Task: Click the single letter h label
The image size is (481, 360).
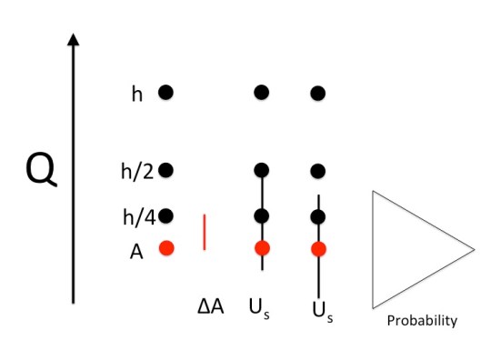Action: point(137,94)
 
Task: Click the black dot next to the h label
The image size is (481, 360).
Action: point(165,92)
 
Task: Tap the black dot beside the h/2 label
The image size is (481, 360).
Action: point(165,170)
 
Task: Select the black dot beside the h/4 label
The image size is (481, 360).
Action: point(165,216)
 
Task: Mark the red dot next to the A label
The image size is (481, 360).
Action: point(165,247)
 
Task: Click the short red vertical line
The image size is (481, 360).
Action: point(205,231)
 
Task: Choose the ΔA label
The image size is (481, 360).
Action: point(210,307)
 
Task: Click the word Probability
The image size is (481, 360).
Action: point(422,321)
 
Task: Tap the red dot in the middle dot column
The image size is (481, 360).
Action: point(262,247)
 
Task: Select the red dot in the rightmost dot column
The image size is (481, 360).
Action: point(318,248)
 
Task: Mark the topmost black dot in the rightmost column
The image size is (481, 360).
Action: point(318,93)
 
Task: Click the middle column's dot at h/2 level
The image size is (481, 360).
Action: point(262,170)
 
